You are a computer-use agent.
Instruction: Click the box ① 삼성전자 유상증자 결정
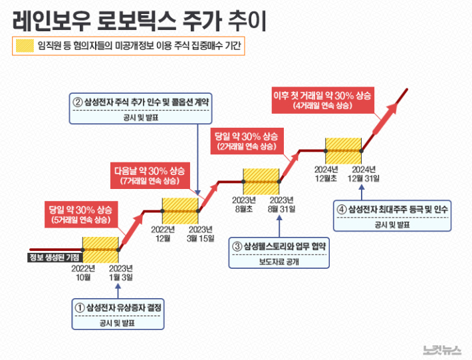pyautogui.click(x=120, y=315)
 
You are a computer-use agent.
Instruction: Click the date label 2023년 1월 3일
pyautogui.click(x=121, y=273)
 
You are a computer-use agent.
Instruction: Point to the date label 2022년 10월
pyautogui.click(x=83, y=273)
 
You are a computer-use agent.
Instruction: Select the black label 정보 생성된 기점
pyautogui.click(x=54, y=258)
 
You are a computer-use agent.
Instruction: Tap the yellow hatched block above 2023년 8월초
pyautogui.click(x=261, y=182)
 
